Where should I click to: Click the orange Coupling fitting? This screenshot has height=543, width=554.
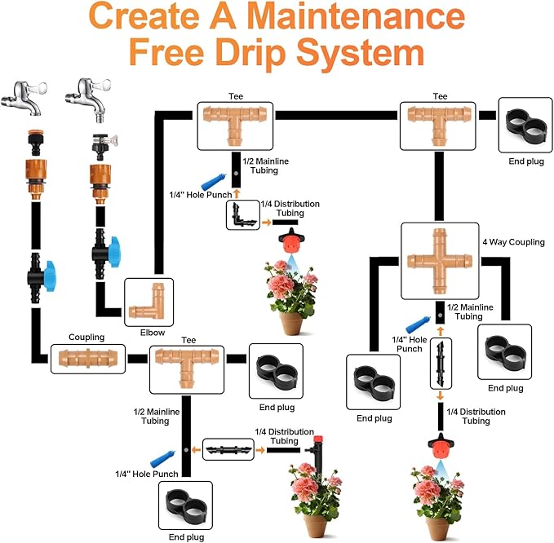coord(88,358)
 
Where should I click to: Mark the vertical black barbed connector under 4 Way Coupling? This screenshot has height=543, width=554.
coord(441,365)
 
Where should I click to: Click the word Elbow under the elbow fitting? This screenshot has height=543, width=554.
coord(152,333)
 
